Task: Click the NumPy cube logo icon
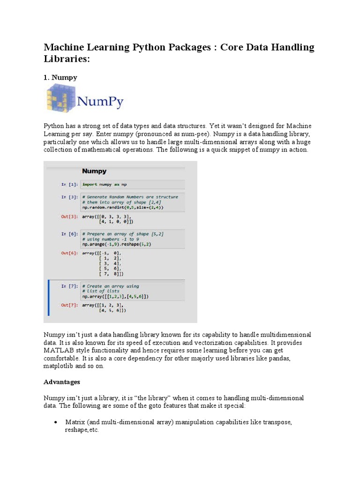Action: click(x=58, y=97)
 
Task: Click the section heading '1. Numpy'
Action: click(x=60, y=77)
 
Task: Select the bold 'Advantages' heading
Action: click(x=62, y=382)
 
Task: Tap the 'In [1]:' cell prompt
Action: click(x=69, y=184)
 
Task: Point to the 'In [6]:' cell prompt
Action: click(x=69, y=233)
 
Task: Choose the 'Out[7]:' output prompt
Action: click(x=69, y=305)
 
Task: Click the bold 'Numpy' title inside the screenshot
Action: click(x=94, y=171)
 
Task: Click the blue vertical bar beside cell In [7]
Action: click(x=49, y=298)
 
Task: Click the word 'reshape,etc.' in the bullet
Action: click(x=82, y=430)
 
